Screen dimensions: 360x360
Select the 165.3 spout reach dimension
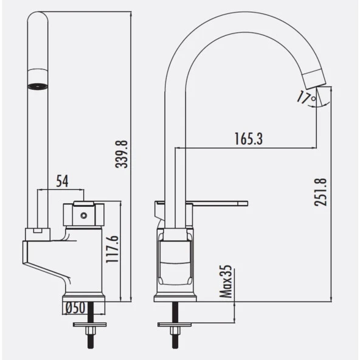pos(248,139)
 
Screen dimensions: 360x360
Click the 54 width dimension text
pos(61,181)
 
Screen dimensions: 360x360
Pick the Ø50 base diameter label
pos(75,308)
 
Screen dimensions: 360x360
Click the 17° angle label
pos(306,96)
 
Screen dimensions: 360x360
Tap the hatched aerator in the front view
pos(38,85)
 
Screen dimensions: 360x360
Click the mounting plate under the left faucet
pos(89,325)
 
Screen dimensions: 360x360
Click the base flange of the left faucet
pos(85,298)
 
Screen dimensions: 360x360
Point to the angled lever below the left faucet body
pos(46,261)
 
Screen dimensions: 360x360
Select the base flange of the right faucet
pos(175,297)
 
